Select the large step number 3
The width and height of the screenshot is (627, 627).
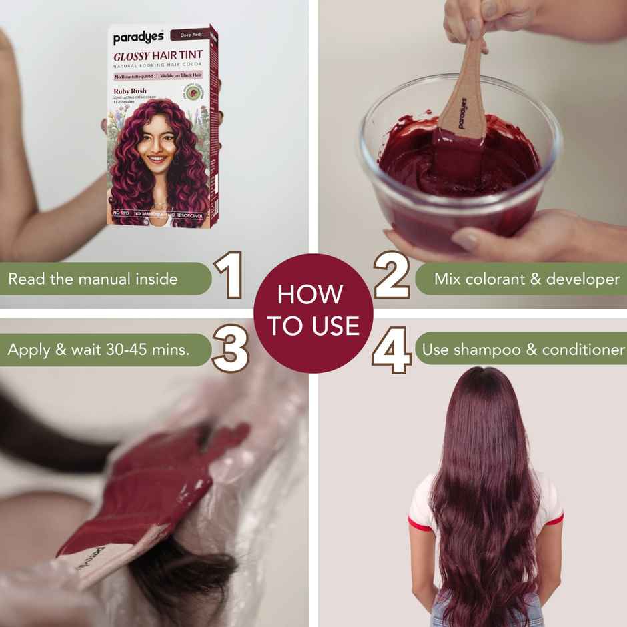pos(231,348)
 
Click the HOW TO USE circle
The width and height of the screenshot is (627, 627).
pos(313,313)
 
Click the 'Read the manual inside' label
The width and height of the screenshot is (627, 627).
pos(93,279)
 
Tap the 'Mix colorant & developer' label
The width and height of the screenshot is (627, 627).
pos(527,279)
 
